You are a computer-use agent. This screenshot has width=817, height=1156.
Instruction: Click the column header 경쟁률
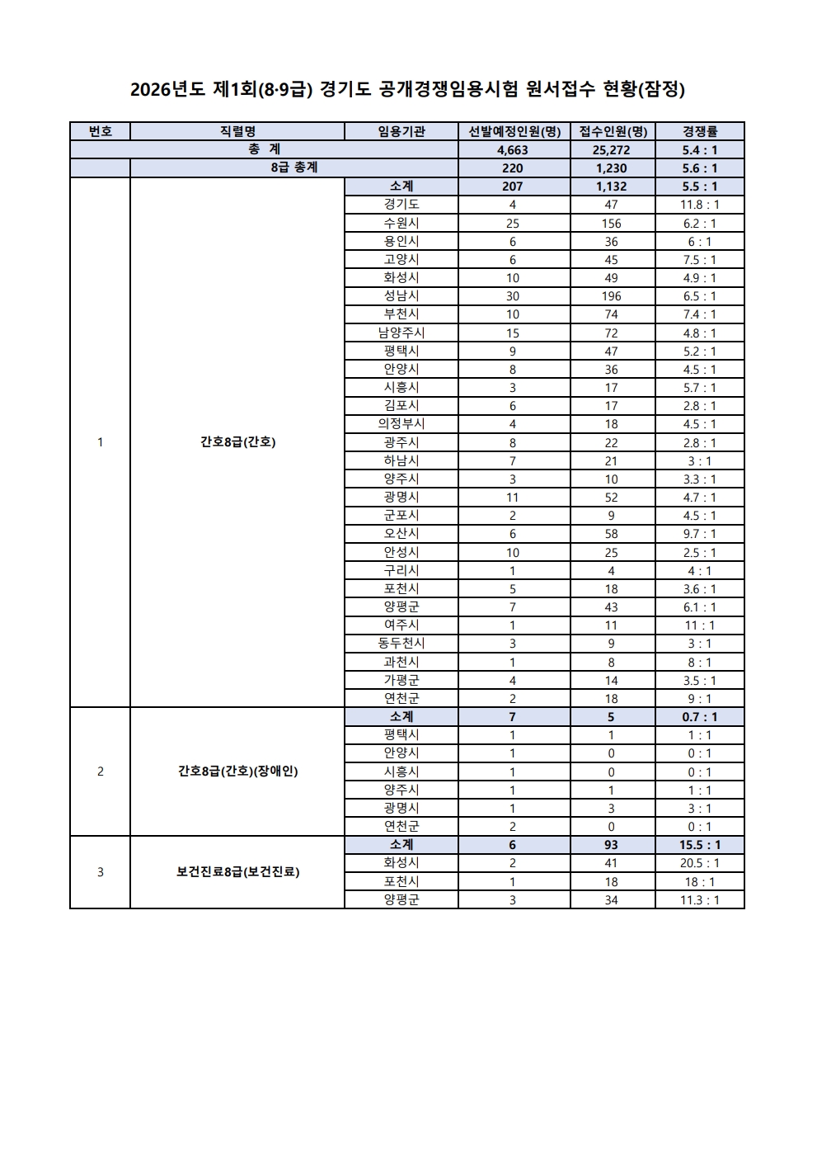pyautogui.click(x=699, y=131)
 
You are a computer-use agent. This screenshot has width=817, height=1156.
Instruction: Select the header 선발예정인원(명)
pyautogui.click(x=514, y=131)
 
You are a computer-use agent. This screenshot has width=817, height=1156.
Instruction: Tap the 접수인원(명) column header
pyautogui.click(x=612, y=131)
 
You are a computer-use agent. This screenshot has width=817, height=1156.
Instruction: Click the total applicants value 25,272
pyautogui.click(x=611, y=150)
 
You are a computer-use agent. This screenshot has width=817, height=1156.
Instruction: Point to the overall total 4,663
pyautogui.click(x=512, y=150)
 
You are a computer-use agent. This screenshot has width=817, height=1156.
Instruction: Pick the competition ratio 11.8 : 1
pyautogui.click(x=699, y=205)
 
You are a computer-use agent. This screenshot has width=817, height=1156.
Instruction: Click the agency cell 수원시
pyautogui.click(x=401, y=223)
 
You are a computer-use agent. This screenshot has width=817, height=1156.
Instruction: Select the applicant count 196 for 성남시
pyautogui.click(x=611, y=296)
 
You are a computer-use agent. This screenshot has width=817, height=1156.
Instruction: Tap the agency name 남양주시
pyautogui.click(x=401, y=333)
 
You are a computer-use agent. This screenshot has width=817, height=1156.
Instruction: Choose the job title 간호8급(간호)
pyautogui.click(x=237, y=442)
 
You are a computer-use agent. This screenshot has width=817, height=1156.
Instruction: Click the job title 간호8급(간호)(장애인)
pyautogui.click(x=237, y=771)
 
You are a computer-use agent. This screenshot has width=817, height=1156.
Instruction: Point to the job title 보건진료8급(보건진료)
pyautogui.click(x=237, y=872)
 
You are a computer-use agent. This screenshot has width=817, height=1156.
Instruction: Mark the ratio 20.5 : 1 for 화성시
pyautogui.click(x=699, y=863)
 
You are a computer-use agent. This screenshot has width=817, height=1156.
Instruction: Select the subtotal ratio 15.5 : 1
pyautogui.click(x=699, y=845)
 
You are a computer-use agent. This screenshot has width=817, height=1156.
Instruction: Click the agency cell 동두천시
pyautogui.click(x=401, y=644)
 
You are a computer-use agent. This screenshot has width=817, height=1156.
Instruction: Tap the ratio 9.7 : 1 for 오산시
pyautogui.click(x=699, y=534)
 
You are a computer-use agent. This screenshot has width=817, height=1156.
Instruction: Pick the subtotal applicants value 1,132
pyautogui.click(x=611, y=186)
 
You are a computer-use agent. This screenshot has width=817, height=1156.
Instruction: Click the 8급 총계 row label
pyautogui.click(x=293, y=168)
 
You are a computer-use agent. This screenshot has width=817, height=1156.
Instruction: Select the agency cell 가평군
pyautogui.click(x=401, y=680)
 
